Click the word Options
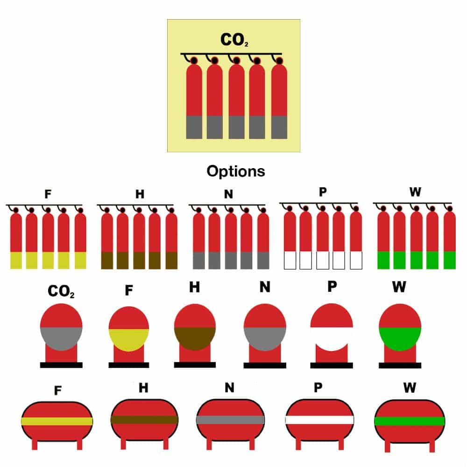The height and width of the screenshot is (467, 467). coord(235,171)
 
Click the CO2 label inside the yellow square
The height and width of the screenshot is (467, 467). coord(234,40)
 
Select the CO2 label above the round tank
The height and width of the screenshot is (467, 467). coord(61,291)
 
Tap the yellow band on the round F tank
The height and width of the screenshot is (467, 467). coord(129,340)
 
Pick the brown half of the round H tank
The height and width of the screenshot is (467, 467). coord(195,338)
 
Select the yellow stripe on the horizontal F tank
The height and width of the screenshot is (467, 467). coord(57,421)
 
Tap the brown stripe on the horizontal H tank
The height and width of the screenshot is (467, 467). coord(144,420)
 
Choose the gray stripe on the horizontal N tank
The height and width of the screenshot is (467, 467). coord(230,420)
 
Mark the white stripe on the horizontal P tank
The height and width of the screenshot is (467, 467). coord(319,420)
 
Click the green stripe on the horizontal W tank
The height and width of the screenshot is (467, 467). coord(410,421)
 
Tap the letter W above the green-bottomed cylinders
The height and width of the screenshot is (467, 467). coord(415,192)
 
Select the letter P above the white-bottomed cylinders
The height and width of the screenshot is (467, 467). coord(323,192)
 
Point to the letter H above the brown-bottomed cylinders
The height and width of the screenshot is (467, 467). coord(140,194)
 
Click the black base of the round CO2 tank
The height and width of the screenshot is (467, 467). coord(61,365)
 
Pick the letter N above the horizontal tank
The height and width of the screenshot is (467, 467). coord(229,388)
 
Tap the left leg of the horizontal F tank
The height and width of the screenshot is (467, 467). coord(35,445)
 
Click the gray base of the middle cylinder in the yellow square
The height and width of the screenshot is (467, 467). coord(236,127)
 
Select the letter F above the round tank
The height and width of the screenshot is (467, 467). coord(129,290)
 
